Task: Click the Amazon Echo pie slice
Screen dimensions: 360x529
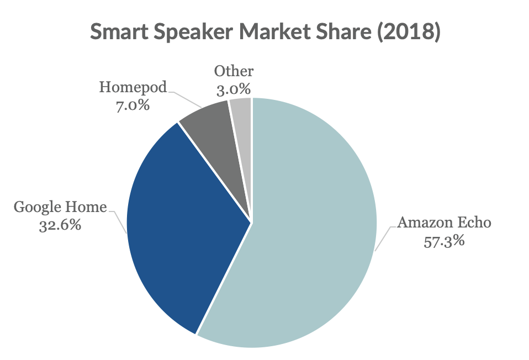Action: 309,232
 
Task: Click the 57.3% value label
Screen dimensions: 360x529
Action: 444,241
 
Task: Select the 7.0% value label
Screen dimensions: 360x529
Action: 133,104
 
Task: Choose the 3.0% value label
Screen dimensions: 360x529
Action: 234,88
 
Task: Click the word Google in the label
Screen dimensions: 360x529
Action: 37,207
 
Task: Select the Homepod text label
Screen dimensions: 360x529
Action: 133,87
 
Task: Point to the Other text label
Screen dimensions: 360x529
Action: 234,71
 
